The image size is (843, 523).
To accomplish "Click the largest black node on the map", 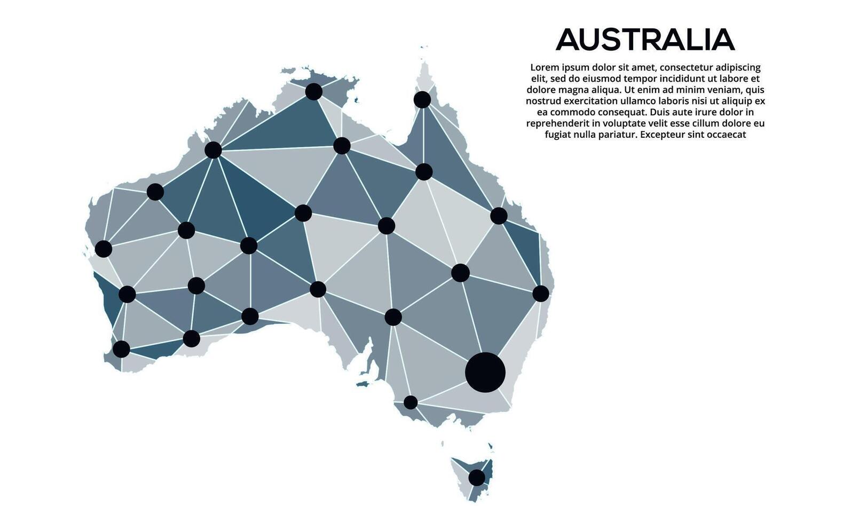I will tap(485, 372).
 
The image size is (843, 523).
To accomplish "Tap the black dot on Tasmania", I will tap(477, 477).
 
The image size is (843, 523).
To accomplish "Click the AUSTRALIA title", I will tap(645, 40).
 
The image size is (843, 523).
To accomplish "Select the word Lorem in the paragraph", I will tap(545, 68).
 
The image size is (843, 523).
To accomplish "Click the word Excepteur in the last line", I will tap(661, 134).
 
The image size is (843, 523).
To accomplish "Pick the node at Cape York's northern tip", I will tap(422, 99).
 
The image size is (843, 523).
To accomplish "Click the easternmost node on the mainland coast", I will tap(540, 293).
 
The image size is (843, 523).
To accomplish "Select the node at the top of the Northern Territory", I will tap(313, 91).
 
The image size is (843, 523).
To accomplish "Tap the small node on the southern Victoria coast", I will tap(410, 402).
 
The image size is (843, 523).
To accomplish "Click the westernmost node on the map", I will tap(103, 249).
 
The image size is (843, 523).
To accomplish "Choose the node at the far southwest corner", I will tap(121, 349).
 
